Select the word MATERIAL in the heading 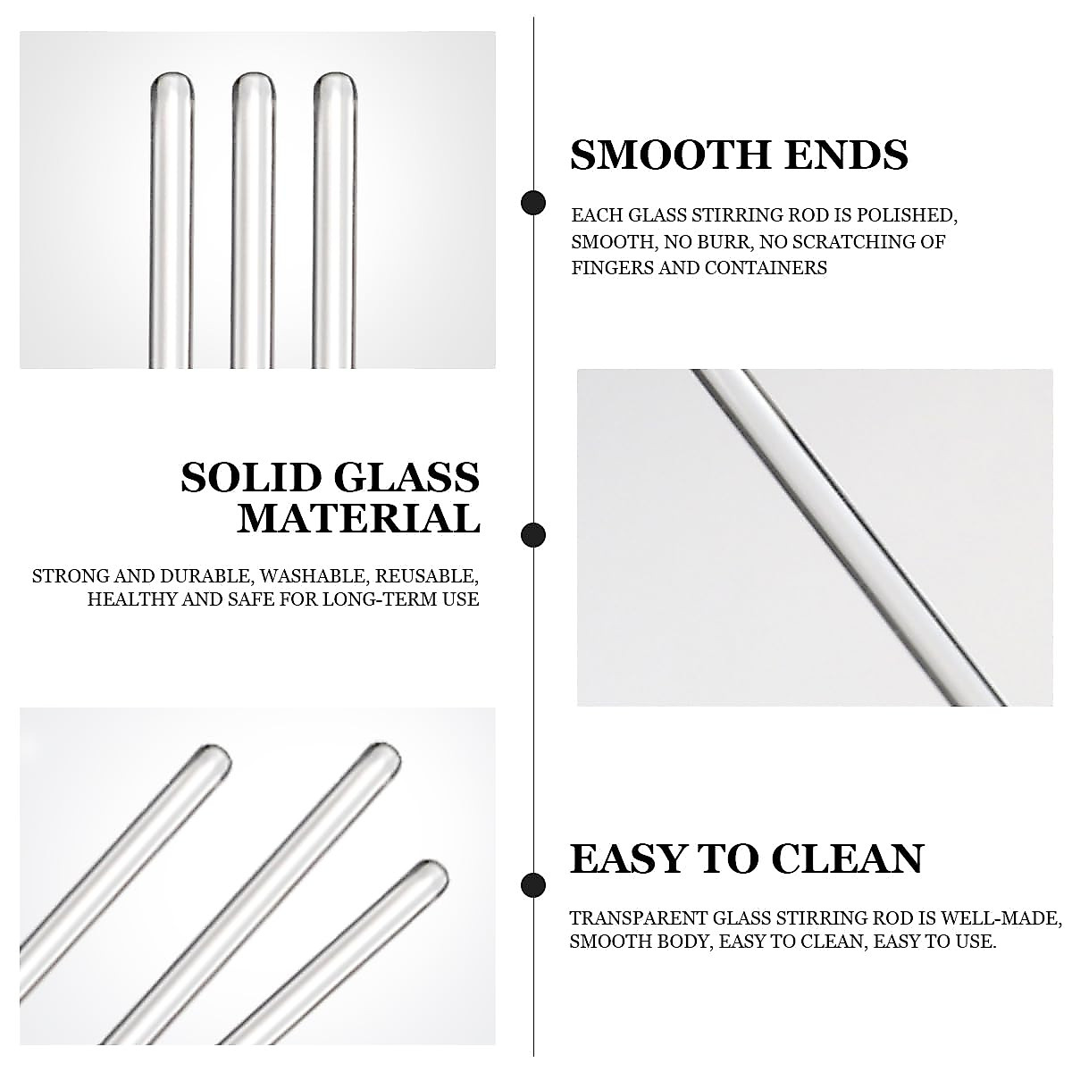358,519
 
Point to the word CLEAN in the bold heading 847,859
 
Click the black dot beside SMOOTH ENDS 533,203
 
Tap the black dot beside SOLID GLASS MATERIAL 533,535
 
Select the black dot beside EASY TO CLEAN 533,884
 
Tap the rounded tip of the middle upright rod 254,83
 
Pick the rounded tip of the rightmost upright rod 334,83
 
